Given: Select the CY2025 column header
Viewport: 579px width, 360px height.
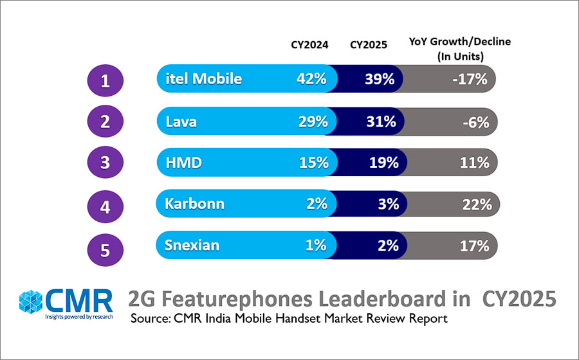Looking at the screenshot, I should pyautogui.click(x=369, y=45).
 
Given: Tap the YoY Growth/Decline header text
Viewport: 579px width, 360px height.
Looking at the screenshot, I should pyautogui.click(x=460, y=49).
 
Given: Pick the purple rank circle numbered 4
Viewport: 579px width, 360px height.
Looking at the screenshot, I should pyautogui.click(x=105, y=206).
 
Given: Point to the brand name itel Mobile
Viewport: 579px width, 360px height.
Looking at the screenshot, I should pyautogui.click(x=203, y=79).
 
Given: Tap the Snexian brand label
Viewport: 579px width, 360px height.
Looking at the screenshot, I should pyautogui.click(x=192, y=246).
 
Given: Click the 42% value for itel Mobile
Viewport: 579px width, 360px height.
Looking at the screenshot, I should pyautogui.click(x=311, y=80).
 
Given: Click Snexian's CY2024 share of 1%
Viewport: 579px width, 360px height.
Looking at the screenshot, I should pyautogui.click(x=315, y=246).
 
